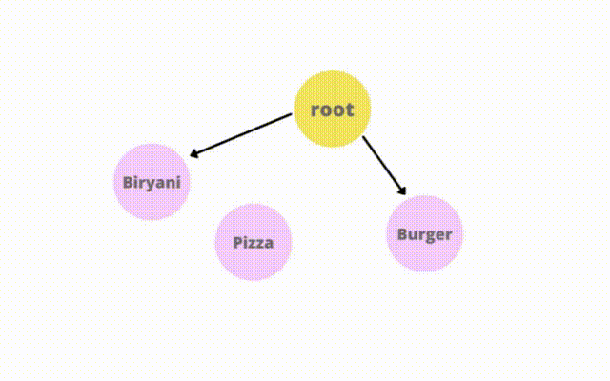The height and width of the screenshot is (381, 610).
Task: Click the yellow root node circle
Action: click(x=332, y=109)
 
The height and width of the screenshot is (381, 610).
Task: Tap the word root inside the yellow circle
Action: click(x=333, y=110)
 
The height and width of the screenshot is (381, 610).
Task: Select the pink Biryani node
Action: click(x=152, y=182)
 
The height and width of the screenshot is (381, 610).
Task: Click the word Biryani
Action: click(x=152, y=183)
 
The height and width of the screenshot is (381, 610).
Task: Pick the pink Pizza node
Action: click(x=254, y=242)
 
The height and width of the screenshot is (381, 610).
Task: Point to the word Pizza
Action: click(x=254, y=243)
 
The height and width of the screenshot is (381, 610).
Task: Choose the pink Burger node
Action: click(x=424, y=233)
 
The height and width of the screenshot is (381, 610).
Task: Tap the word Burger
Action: click(x=424, y=235)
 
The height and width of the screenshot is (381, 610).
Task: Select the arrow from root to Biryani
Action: click(x=240, y=135)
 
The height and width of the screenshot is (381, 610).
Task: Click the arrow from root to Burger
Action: click(x=384, y=166)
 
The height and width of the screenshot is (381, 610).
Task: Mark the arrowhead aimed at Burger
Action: click(x=402, y=190)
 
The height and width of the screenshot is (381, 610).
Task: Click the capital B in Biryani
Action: click(x=128, y=182)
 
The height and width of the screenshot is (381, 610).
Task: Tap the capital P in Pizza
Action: click(x=237, y=243)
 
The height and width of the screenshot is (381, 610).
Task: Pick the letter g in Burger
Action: click(x=432, y=237)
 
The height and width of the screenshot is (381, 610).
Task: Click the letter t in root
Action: click(x=350, y=110)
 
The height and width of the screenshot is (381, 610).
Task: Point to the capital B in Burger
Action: click(x=402, y=234)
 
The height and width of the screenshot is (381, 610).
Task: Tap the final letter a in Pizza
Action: click(x=269, y=245)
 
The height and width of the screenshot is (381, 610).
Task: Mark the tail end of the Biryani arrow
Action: click(x=292, y=113)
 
